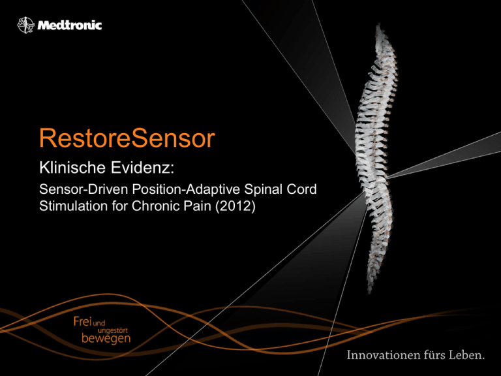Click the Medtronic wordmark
[x=70, y=25]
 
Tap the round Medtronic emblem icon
[x=25, y=25]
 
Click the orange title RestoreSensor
[x=127, y=138]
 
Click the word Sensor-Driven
[x=83, y=189]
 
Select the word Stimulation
[x=73, y=206]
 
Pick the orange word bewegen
[x=106, y=338]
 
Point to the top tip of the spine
[x=379, y=23]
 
